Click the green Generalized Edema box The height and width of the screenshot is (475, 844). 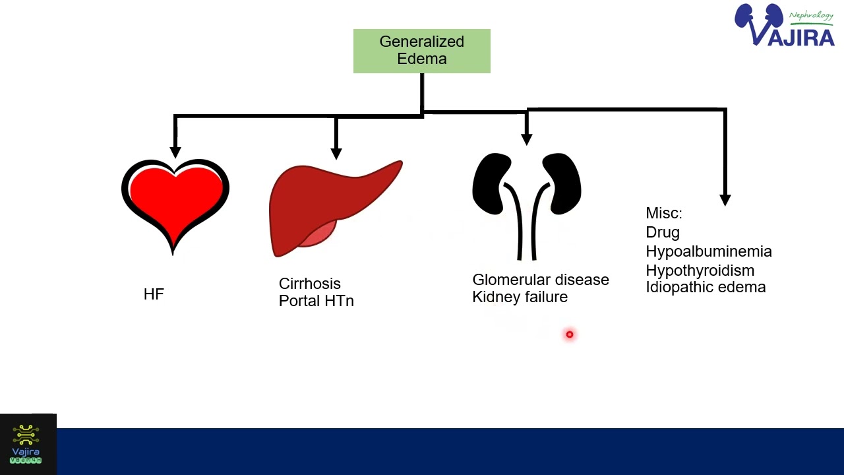422,51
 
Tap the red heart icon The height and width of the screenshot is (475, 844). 175,201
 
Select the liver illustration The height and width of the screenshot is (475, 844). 330,208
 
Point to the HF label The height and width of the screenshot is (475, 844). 154,295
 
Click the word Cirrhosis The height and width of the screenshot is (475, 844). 310,284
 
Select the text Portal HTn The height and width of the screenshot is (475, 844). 316,301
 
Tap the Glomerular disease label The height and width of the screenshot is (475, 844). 541,280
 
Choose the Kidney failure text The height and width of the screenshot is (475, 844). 520,297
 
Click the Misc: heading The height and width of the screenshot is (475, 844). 664,214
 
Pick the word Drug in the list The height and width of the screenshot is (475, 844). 663,232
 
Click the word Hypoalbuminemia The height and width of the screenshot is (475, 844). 709,251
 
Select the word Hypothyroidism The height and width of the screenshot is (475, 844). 700,270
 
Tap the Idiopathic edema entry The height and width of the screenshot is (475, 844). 706,288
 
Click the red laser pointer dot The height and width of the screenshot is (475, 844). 570,334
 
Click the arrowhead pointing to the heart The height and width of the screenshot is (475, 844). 175,151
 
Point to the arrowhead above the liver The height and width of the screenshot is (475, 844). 336,152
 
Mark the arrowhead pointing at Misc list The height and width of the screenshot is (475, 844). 725,199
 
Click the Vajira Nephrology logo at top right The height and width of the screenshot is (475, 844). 785,26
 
